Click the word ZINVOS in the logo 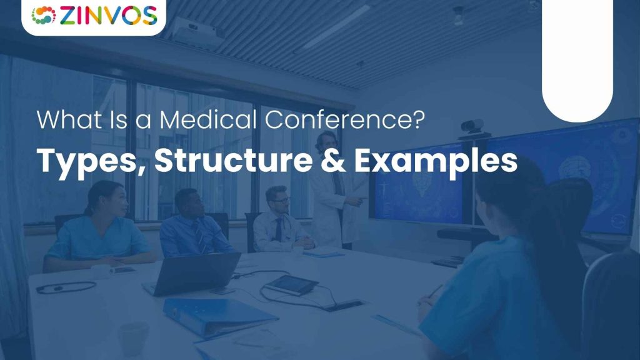point(106,15)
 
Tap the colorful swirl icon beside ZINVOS point(43,15)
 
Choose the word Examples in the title point(436,161)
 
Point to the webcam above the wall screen point(472,126)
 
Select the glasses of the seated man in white point(281,200)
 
